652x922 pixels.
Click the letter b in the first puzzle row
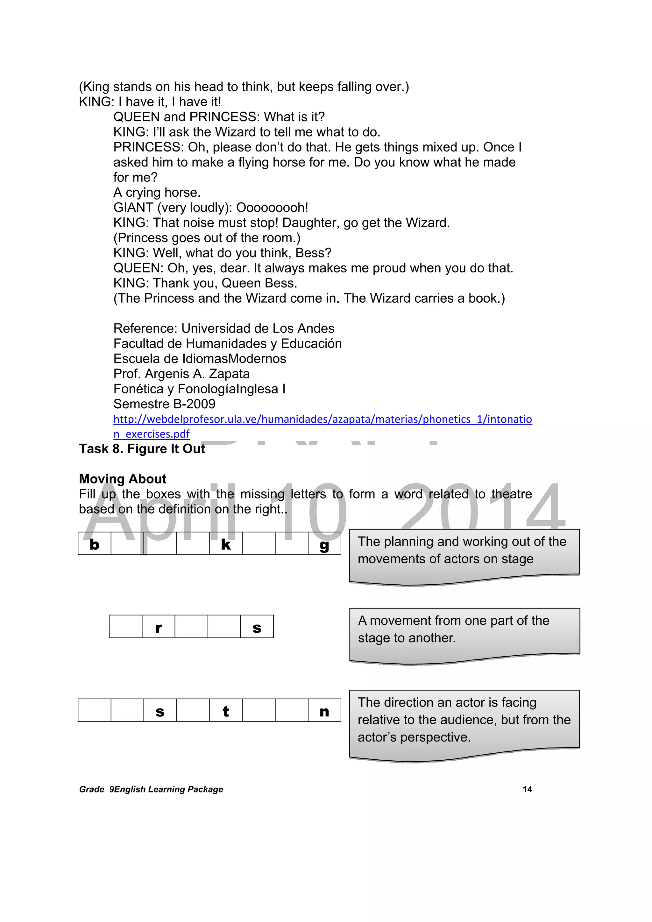click(95, 545)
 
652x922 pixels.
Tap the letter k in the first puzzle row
click(226, 545)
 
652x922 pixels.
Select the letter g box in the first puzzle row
click(324, 545)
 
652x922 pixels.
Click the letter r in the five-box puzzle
click(158, 628)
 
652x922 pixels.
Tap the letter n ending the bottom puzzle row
click(324, 711)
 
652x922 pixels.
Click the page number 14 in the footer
click(527, 789)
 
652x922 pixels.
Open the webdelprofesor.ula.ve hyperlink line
click(322, 419)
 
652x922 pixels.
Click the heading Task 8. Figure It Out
click(142, 448)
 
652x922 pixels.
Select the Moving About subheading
click(123, 479)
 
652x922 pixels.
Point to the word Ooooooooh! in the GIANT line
click(272, 208)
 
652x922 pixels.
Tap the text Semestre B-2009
click(164, 404)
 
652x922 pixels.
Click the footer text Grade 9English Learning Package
click(151, 789)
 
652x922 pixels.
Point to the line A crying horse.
click(157, 192)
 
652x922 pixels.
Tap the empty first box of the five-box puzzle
click(125, 626)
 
